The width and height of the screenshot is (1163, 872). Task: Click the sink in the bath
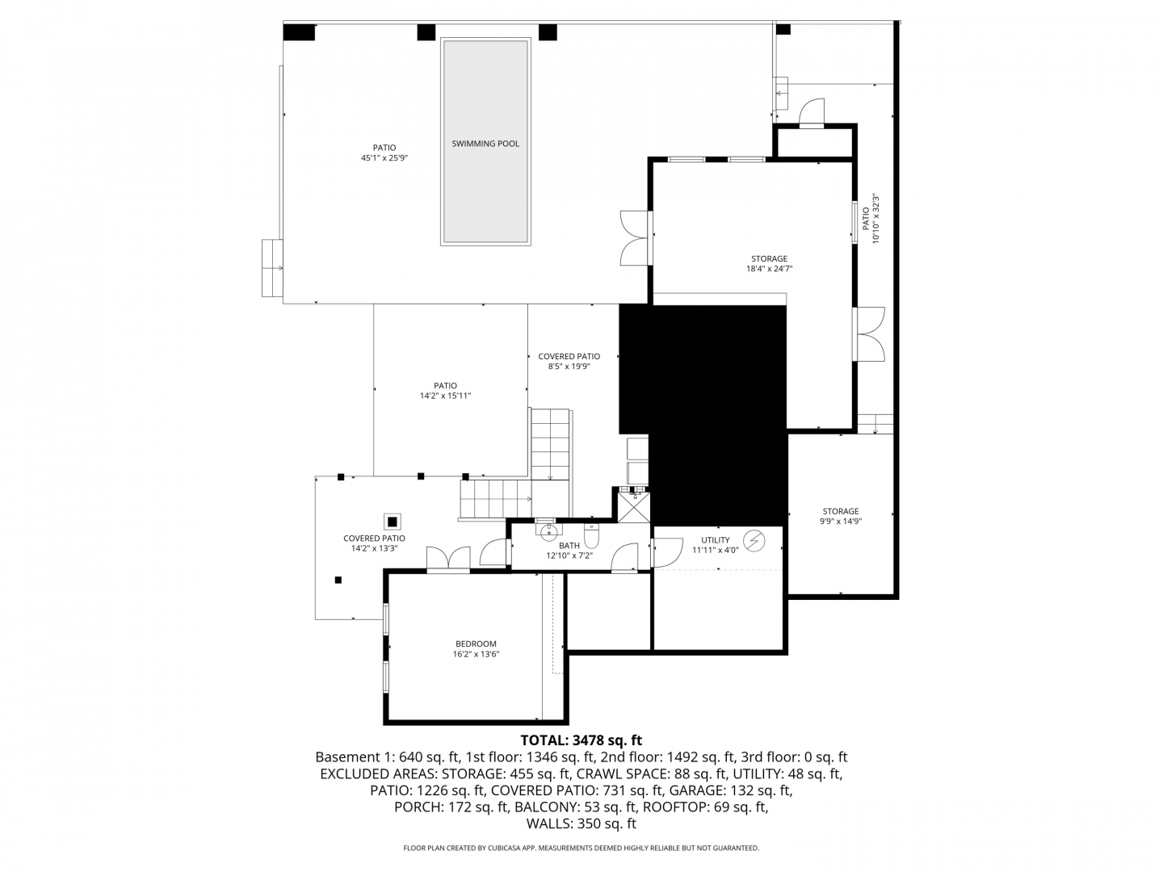pos(545,529)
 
